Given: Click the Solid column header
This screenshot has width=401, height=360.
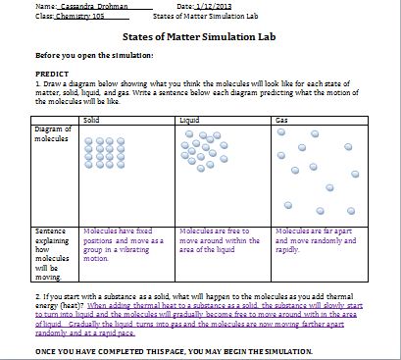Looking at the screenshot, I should click(91, 119).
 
